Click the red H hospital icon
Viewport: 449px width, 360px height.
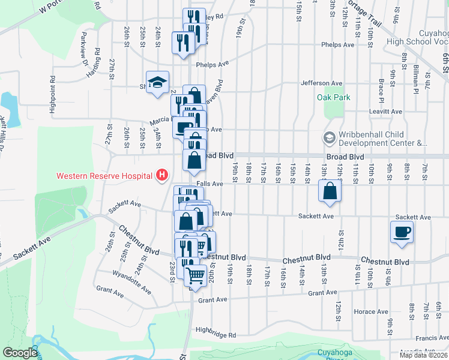[161, 176]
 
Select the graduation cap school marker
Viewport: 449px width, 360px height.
[158, 83]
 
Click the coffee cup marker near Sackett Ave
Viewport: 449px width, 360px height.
[402, 232]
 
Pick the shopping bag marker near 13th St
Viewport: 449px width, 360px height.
[330, 191]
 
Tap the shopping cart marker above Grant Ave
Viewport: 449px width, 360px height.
[195, 277]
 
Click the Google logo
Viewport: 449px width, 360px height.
[20, 353]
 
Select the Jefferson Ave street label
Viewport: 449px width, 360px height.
[321, 83]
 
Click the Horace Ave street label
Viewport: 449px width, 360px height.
[371, 311]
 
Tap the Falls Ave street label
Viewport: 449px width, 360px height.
[209, 184]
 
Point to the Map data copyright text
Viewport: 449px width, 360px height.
[423, 355]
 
